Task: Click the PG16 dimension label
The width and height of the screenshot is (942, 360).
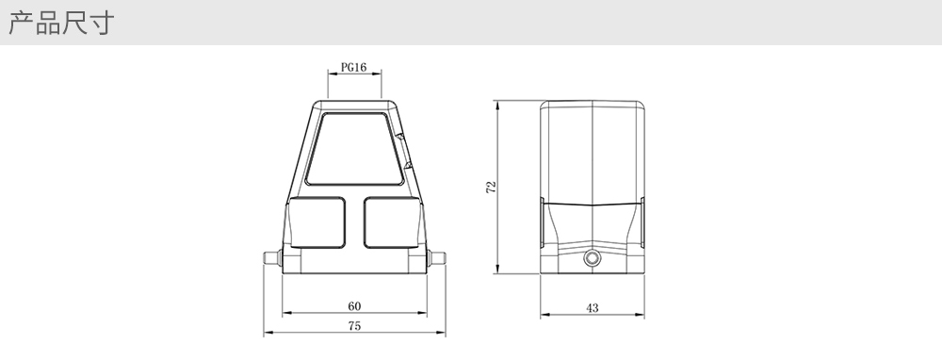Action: pyautogui.click(x=353, y=67)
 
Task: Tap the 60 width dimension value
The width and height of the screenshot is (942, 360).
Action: pyautogui.click(x=354, y=306)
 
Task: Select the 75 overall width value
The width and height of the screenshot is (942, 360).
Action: pyautogui.click(x=354, y=326)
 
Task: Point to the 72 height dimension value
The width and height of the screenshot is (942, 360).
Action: pyautogui.click(x=492, y=187)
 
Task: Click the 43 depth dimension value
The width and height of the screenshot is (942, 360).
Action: pyautogui.click(x=592, y=308)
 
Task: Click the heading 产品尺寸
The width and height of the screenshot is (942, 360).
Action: pyautogui.click(x=60, y=23)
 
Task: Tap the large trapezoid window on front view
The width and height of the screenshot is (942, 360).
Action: pyautogui.click(x=354, y=149)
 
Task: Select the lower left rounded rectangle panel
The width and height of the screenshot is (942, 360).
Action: pyautogui.click(x=317, y=222)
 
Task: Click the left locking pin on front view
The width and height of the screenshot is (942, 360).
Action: pyautogui.click(x=273, y=258)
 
